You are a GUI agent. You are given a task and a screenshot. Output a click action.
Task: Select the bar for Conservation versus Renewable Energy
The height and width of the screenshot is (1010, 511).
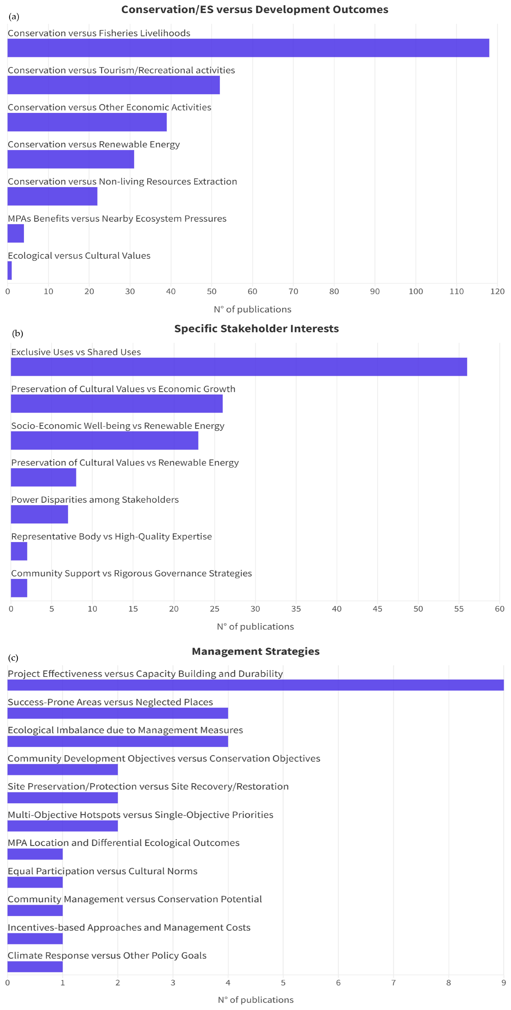71,159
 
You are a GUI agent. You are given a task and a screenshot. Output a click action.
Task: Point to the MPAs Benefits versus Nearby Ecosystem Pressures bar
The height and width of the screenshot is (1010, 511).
16,233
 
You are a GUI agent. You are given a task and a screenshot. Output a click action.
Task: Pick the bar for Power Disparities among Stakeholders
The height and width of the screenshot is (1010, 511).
39,514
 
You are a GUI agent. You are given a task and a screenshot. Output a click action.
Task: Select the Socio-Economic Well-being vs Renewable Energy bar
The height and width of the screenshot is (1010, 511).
104,440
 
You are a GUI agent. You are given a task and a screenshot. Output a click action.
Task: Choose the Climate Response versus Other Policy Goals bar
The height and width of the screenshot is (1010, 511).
35,967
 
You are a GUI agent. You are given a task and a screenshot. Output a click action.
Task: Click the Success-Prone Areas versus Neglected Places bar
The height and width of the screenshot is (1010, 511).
118,713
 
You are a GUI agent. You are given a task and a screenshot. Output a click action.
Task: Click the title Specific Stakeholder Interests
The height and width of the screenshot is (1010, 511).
256,329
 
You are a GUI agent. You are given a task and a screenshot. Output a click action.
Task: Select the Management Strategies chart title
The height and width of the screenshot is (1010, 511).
256,651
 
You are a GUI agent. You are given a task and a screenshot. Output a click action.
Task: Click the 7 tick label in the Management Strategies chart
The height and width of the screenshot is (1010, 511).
393,983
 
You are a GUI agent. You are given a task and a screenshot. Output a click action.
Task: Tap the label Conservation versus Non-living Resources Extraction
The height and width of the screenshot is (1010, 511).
122,181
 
